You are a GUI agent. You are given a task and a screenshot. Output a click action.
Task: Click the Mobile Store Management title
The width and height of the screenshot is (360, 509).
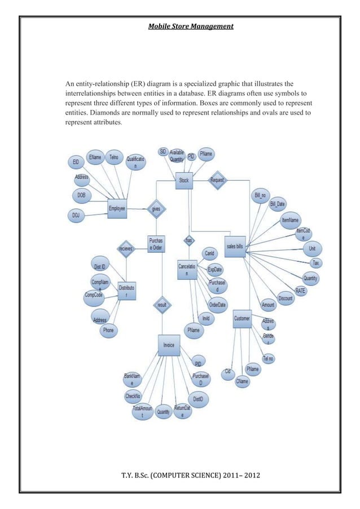click(191, 25)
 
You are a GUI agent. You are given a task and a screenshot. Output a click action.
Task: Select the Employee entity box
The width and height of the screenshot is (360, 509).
click(117, 208)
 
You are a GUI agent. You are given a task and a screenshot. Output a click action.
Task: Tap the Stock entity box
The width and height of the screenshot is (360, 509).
click(184, 180)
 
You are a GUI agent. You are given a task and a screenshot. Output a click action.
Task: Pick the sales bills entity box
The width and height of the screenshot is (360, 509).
click(235, 246)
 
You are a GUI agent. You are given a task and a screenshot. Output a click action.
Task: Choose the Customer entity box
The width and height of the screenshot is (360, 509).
click(243, 319)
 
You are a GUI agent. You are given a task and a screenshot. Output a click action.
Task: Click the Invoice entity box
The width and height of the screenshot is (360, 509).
click(169, 345)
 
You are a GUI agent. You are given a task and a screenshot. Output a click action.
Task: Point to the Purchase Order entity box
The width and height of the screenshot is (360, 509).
click(156, 244)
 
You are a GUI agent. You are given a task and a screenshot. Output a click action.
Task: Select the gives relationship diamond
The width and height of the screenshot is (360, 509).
click(155, 208)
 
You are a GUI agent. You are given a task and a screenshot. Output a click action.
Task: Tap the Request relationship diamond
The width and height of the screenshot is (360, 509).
click(217, 180)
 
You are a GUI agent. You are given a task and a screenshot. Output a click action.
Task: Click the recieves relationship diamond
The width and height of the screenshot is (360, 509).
click(125, 248)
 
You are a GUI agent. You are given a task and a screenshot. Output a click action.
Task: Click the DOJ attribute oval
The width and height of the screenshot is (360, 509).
click(76, 215)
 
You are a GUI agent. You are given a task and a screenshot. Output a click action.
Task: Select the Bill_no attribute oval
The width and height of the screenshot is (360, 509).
click(261, 195)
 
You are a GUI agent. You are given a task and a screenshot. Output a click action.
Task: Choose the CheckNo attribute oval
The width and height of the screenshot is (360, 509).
click(133, 397)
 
